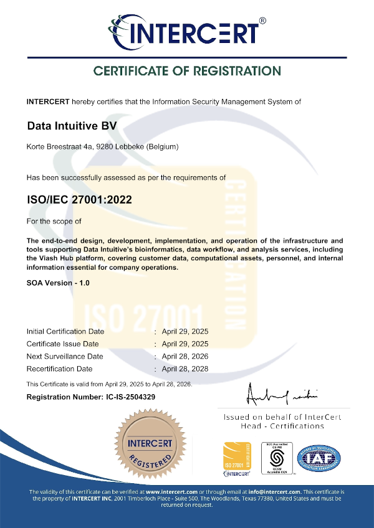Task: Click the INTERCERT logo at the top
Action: click(186, 31)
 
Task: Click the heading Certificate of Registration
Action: click(187, 71)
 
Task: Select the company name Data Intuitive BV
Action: click(72, 126)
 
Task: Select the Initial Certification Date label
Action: click(65, 331)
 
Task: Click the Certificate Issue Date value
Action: click(185, 344)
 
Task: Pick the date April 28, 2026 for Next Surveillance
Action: click(185, 356)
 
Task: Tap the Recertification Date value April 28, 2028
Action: click(185, 369)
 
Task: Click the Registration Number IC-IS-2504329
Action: click(91, 397)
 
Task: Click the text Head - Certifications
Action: click(282, 426)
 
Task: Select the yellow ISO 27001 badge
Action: click(237, 460)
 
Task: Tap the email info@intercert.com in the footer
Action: click(276, 492)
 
